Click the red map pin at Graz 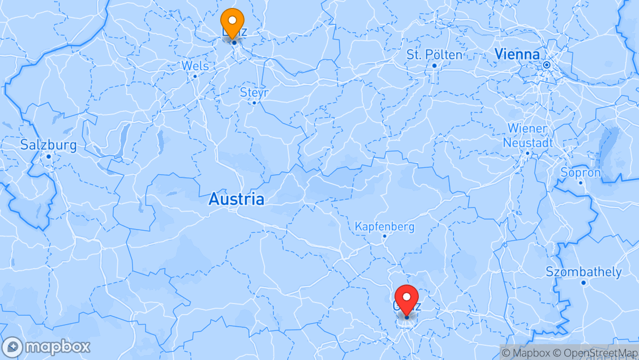[407, 298]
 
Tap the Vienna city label [517, 54]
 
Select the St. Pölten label [434, 54]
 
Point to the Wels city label [195, 66]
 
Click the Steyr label [254, 92]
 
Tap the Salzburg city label [48, 145]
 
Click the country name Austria [236, 199]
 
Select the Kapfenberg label [384, 226]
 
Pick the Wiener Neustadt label [528, 136]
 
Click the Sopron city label [580, 173]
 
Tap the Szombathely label [584, 272]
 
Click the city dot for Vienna [547, 65]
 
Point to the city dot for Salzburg [49, 156]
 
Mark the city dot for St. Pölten [435, 65]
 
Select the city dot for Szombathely [584, 283]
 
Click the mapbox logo [46, 347]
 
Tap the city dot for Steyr [254, 103]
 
